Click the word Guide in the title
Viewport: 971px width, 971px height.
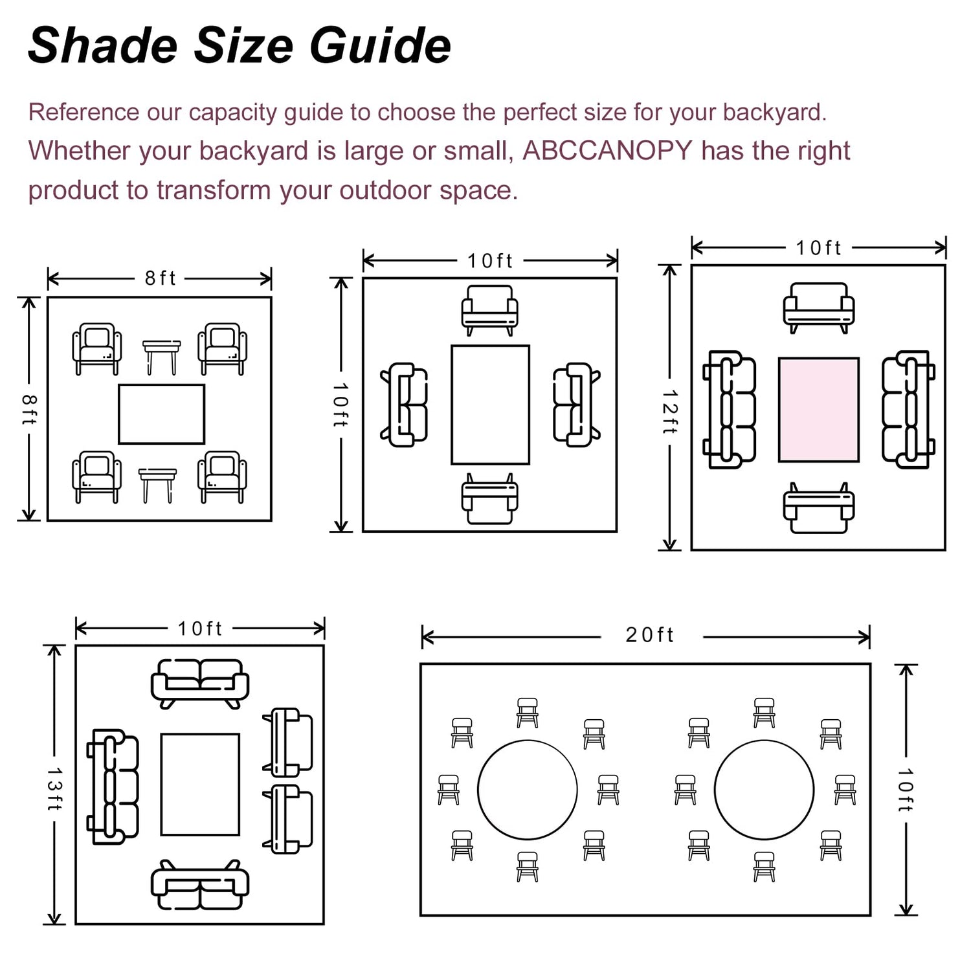[380, 46]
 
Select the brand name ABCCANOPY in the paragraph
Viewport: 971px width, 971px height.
[607, 150]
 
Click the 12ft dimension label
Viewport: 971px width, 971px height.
[670, 412]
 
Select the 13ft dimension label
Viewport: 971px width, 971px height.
[54, 788]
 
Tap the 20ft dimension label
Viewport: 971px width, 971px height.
[649, 635]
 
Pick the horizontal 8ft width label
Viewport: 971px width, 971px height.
[160, 278]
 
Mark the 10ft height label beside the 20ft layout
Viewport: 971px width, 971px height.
[906, 790]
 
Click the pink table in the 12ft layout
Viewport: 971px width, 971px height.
[819, 410]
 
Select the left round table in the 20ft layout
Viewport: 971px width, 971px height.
[528, 790]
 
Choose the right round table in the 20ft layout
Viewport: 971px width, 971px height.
[765, 790]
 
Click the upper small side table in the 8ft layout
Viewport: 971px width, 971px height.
[161, 357]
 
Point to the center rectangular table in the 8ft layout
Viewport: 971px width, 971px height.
[162, 414]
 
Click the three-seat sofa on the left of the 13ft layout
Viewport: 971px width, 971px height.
[113, 787]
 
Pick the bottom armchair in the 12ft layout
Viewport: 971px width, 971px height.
[819, 508]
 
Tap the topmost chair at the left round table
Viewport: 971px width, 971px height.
[528, 713]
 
